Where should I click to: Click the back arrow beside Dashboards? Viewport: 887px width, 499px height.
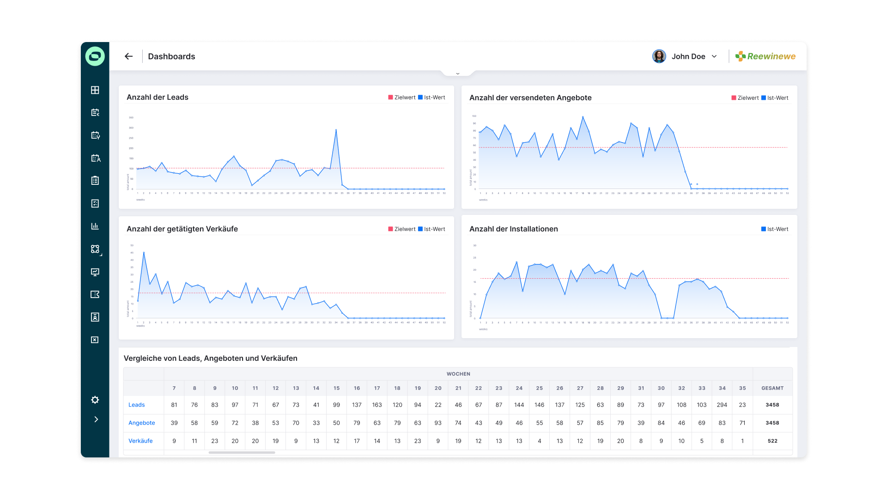(128, 56)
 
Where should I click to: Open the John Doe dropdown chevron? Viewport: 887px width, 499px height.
(714, 56)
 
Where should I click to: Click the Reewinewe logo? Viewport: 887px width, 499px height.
(765, 56)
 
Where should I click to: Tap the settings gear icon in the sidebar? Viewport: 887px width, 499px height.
(95, 400)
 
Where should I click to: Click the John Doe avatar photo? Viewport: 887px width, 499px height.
(659, 56)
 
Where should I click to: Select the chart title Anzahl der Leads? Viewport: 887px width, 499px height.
(158, 97)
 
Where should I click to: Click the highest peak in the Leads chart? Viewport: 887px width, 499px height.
(336, 130)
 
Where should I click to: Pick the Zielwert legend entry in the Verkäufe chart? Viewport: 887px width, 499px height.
(402, 229)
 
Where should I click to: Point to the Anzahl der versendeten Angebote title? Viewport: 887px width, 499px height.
(530, 97)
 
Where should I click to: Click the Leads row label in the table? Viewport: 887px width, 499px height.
(137, 405)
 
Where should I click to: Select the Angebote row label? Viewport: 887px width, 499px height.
(142, 423)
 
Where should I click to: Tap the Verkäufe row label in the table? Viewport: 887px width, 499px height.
(140, 441)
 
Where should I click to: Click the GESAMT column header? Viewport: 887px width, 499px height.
(772, 388)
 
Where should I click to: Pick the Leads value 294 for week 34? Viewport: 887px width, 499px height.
(722, 405)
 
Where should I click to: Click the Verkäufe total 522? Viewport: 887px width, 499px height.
(772, 441)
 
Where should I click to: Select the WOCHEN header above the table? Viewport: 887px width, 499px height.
(458, 374)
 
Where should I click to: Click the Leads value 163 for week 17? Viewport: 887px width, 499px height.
(377, 405)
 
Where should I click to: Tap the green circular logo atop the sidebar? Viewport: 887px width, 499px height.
(95, 56)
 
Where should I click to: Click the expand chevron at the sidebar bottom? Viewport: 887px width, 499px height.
(96, 420)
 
